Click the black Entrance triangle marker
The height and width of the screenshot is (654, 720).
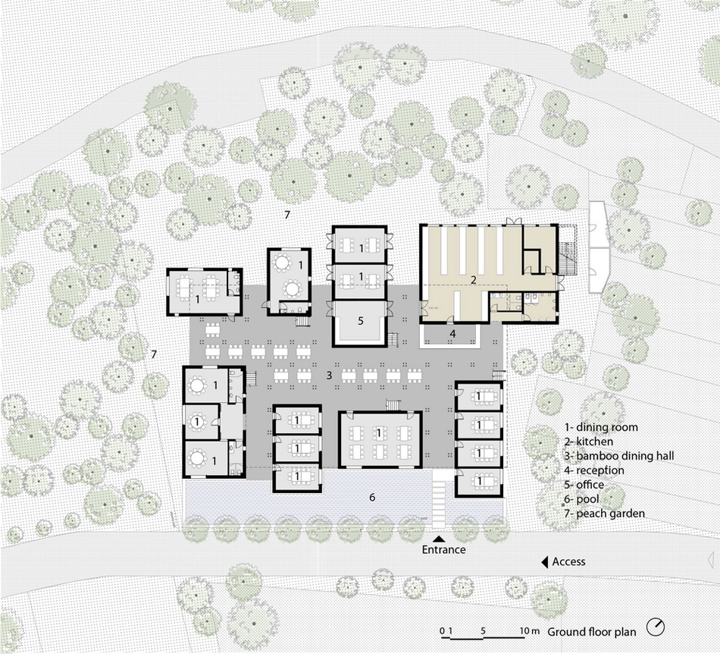point(440,539)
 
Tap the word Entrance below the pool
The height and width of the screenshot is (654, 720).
point(443,549)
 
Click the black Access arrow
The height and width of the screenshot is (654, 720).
point(545,561)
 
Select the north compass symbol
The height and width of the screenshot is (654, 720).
point(656,627)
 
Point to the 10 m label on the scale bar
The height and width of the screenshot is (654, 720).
point(530,631)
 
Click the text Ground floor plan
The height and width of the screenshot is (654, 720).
point(591,632)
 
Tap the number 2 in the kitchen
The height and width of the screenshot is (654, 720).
point(474,279)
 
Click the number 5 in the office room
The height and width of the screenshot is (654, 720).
point(361,320)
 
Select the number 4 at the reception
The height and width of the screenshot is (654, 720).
point(452,334)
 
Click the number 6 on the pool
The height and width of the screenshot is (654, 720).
point(372,497)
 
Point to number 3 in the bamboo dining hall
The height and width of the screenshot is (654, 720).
point(329,376)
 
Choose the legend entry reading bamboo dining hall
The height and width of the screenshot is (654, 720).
point(619,456)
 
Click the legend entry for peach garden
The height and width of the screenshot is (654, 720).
point(605,514)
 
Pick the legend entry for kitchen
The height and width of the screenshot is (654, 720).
point(589,442)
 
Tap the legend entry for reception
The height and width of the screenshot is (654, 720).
point(594,470)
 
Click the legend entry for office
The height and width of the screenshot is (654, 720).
point(584,485)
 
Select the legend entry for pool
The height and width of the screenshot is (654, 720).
point(582,499)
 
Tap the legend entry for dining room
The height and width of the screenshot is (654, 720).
point(601,427)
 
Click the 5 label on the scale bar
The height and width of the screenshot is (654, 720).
point(483,631)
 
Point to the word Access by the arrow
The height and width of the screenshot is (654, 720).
point(568,561)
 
